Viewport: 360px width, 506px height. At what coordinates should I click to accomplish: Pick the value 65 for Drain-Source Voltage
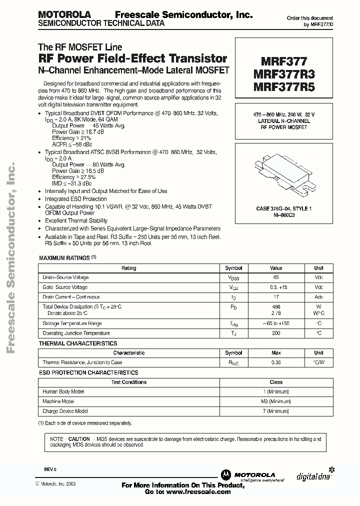point(276,277)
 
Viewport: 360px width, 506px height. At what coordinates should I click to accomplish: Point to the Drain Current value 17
point(276,296)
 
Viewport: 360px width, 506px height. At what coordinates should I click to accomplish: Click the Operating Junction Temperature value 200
point(276,333)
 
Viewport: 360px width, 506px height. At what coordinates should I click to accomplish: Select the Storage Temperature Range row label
point(72,324)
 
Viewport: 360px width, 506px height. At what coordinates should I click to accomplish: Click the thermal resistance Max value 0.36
point(276,362)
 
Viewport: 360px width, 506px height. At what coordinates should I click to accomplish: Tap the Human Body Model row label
point(63,391)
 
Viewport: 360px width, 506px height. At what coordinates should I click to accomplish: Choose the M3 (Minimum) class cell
point(276,401)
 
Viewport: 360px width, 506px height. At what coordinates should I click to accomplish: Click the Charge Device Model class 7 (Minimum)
point(276,411)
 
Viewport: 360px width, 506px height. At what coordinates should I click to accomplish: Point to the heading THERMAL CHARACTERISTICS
point(78,343)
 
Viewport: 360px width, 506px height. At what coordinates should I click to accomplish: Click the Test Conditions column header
point(129,382)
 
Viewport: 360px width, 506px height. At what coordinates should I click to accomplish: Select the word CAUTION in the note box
point(79,438)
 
